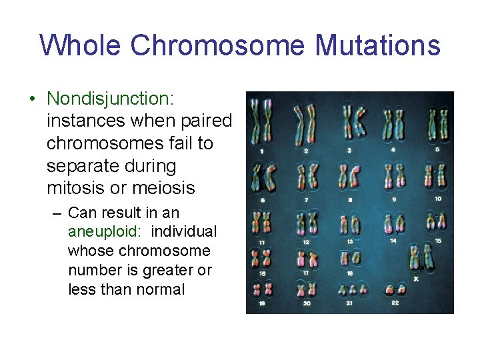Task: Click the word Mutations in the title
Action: click(x=377, y=46)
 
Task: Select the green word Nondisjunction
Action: click(x=110, y=99)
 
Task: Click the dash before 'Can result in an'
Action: click(x=56, y=213)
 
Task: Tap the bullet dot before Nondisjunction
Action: click(x=32, y=99)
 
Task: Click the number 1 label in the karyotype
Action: click(x=261, y=152)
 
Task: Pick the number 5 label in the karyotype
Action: click(x=437, y=149)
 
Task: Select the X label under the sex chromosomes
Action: click(x=416, y=278)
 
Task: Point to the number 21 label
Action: click(x=349, y=303)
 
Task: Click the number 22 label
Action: click(x=395, y=303)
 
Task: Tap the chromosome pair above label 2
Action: click(x=305, y=123)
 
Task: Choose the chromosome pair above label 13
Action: click(x=349, y=223)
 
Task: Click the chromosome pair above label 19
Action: click(x=261, y=289)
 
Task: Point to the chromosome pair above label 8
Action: click(x=349, y=177)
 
